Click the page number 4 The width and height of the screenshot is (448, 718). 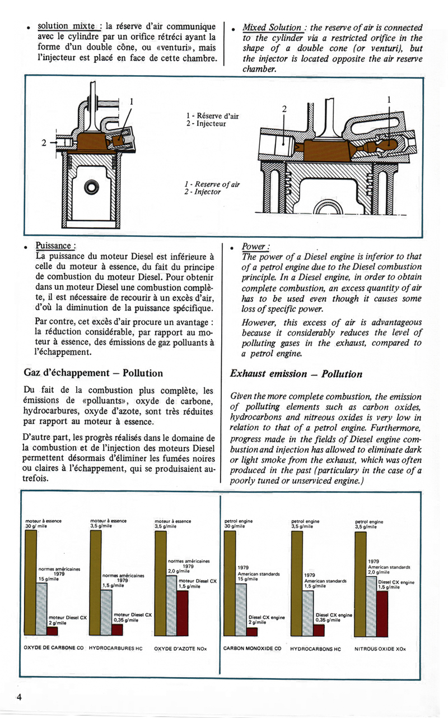(19, 697)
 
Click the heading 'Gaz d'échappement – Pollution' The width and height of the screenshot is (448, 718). (94, 373)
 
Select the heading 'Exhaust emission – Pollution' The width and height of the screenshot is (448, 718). (296, 374)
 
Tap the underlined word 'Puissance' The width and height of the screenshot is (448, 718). (54, 245)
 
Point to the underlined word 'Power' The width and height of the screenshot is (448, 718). (255, 247)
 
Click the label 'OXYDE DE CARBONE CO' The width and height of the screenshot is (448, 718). (54, 648)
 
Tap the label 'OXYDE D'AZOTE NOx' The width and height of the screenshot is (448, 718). (180, 648)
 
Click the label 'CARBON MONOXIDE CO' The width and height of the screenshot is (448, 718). (252, 648)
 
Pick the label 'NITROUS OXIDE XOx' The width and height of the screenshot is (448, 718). (380, 648)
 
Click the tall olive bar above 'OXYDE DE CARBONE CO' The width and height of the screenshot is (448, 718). (31, 583)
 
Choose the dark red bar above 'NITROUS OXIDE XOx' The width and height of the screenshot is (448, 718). (382, 614)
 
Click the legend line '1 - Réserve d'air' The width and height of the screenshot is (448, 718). (212, 116)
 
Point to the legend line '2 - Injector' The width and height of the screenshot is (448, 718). (203, 192)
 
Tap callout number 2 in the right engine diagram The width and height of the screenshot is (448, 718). (284, 109)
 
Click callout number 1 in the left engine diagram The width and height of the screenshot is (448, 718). (132, 101)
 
